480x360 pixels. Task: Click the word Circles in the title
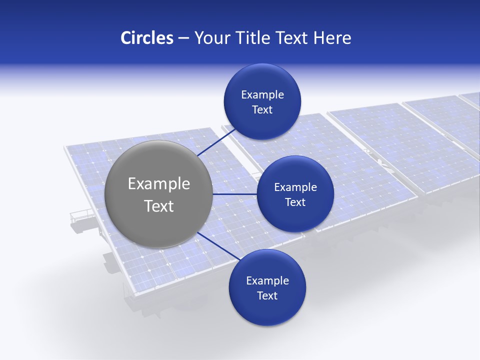146,38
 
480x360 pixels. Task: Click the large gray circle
158,225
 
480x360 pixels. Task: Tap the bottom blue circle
267,310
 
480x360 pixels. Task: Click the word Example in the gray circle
159,184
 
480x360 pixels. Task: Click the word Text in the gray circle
159,206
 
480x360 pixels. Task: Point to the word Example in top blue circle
262,94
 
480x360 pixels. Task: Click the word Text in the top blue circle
262,110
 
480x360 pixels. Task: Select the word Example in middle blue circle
295,187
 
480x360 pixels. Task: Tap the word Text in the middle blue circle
295,202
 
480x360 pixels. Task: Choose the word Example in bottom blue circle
267,280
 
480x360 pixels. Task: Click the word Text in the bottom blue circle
267,296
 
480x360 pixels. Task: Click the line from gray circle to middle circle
235,194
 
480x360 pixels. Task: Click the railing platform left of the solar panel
81,218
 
